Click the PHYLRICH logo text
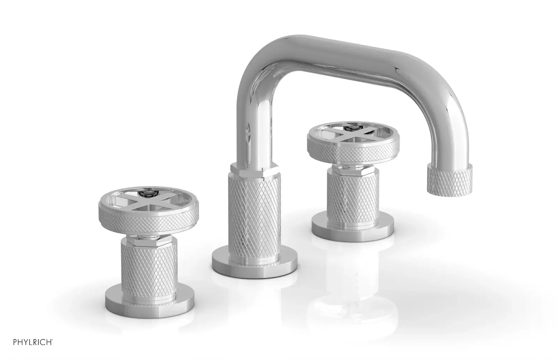point(33,342)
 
